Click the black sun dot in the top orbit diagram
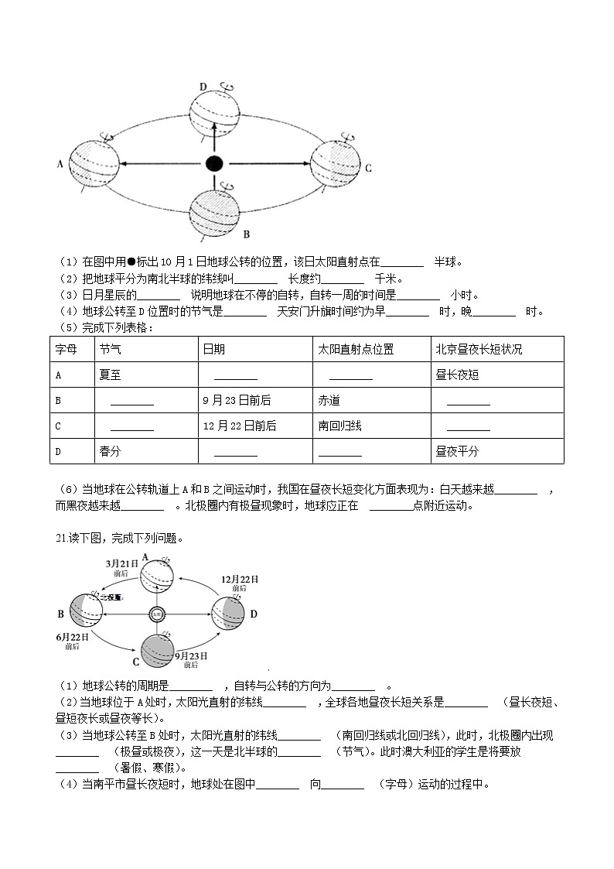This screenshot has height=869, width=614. tap(214, 163)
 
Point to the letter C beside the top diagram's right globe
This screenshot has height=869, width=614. tap(369, 168)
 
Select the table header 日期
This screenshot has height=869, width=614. tap(213, 350)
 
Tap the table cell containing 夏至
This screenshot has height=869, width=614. tap(110, 375)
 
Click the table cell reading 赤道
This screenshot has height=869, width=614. tap(329, 401)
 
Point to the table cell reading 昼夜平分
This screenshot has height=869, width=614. tap(457, 451)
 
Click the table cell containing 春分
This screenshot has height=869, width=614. tap(110, 451)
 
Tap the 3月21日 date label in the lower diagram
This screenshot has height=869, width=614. tap(121, 564)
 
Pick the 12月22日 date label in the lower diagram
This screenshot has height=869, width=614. tap(239, 580)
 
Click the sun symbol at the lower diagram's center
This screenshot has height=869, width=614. tap(156, 614)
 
